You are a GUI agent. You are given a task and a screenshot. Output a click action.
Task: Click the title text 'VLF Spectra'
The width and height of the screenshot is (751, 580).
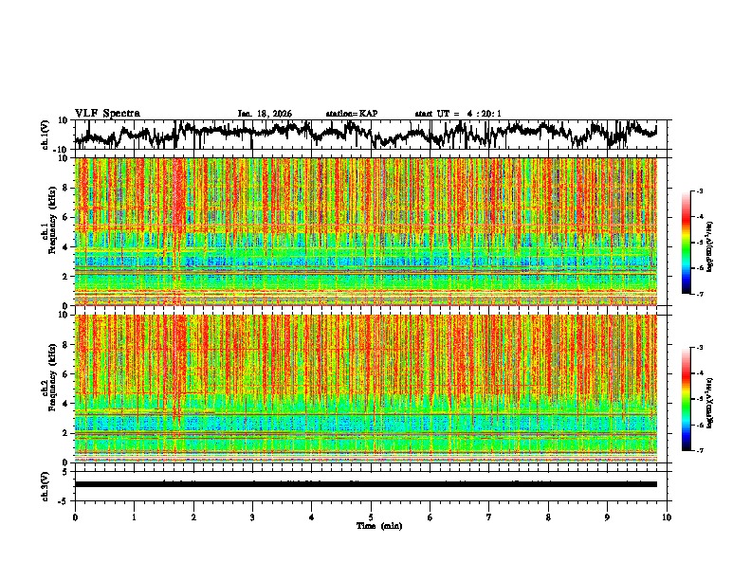point(107,114)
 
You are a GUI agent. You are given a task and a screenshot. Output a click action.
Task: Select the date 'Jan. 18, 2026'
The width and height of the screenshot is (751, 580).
point(265,114)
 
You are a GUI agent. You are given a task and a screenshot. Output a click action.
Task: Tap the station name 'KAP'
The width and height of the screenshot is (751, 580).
point(368,114)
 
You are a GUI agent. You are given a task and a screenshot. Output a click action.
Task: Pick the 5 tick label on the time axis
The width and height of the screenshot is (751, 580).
point(371,517)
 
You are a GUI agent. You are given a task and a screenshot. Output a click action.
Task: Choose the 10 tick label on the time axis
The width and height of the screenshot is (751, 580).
point(667,517)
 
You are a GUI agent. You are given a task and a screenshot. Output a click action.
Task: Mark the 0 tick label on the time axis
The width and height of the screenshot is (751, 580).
point(75,517)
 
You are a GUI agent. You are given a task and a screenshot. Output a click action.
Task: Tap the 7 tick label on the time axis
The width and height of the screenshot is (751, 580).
point(489,517)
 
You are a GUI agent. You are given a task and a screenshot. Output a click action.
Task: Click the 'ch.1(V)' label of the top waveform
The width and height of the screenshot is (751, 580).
point(46,135)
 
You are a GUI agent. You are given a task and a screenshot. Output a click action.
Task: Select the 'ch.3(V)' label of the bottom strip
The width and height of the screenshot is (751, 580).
point(46,484)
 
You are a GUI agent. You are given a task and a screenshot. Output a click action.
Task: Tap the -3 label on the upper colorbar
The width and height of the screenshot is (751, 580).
point(700,191)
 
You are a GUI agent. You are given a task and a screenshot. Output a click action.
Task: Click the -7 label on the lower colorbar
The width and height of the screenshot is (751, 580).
point(700,451)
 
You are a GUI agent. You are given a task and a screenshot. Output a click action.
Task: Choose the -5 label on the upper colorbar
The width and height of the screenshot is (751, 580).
point(700,243)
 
